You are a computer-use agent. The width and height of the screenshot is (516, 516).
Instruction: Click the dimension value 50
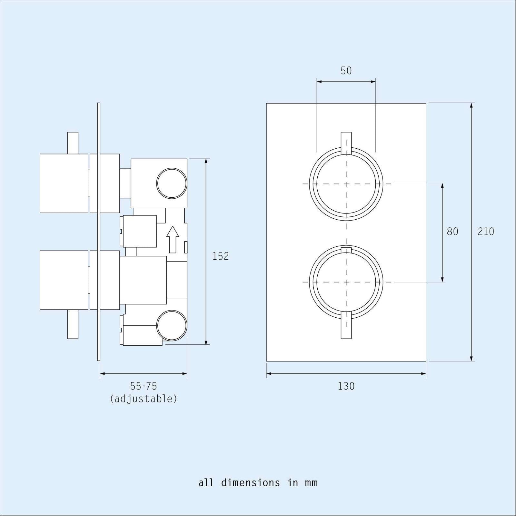tap(346, 71)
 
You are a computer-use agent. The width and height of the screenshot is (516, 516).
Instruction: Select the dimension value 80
tap(452, 232)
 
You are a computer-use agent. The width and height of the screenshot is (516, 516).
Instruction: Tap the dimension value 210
tap(486, 232)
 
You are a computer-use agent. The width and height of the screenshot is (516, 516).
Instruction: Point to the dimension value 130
tap(346, 386)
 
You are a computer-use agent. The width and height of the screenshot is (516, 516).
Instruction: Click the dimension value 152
tap(221, 256)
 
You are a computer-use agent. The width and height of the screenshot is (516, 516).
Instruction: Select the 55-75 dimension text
tap(144, 386)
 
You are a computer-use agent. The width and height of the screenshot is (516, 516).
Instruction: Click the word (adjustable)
tap(144, 399)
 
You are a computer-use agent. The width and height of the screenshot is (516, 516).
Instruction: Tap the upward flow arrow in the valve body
tap(173, 239)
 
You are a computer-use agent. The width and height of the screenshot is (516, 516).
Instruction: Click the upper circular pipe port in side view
tap(172, 183)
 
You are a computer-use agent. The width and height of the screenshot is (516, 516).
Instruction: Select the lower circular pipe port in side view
tap(172, 325)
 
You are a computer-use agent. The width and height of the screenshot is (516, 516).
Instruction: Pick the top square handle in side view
tap(64, 183)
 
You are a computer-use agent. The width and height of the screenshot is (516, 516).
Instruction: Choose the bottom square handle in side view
tap(64, 280)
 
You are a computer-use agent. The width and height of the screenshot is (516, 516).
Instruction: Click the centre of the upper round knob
tap(346, 184)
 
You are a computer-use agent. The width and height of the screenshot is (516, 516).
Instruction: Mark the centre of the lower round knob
tap(346, 282)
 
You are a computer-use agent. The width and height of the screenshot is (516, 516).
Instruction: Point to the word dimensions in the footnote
tap(251, 483)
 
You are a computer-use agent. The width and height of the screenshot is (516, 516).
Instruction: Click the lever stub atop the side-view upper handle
tap(73, 143)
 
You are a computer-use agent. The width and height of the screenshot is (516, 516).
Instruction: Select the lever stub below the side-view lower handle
tap(73, 324)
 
